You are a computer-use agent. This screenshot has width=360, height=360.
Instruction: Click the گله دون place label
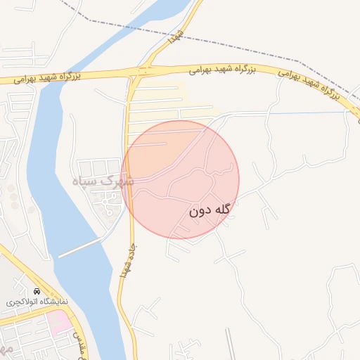point(210,210)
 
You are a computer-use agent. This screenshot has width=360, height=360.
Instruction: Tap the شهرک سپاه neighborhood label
point(105,181)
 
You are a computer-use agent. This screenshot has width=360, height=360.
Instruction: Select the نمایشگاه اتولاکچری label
point(37,301)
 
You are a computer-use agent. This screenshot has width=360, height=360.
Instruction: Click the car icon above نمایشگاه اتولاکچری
point(37,290)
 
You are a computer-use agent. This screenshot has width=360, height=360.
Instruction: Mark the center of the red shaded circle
point(180,180)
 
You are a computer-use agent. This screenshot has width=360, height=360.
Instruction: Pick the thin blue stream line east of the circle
point(302,112)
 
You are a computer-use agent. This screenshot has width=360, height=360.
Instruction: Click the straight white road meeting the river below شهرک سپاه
point(81,247)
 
